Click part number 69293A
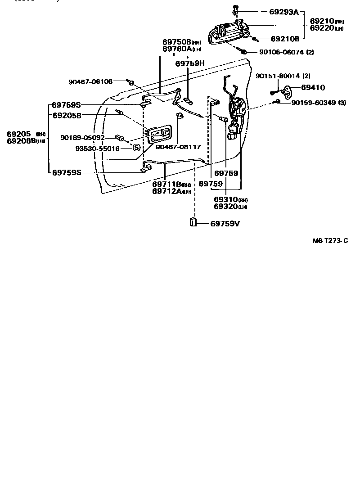point(283,12)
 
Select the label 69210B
point(285,39)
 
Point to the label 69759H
point(190,63)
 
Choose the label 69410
point(313,88)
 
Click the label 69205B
point(67,115)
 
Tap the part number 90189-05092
point(82,137)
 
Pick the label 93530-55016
point(97,148)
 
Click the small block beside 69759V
point(193,222)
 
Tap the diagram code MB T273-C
point(330,240)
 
